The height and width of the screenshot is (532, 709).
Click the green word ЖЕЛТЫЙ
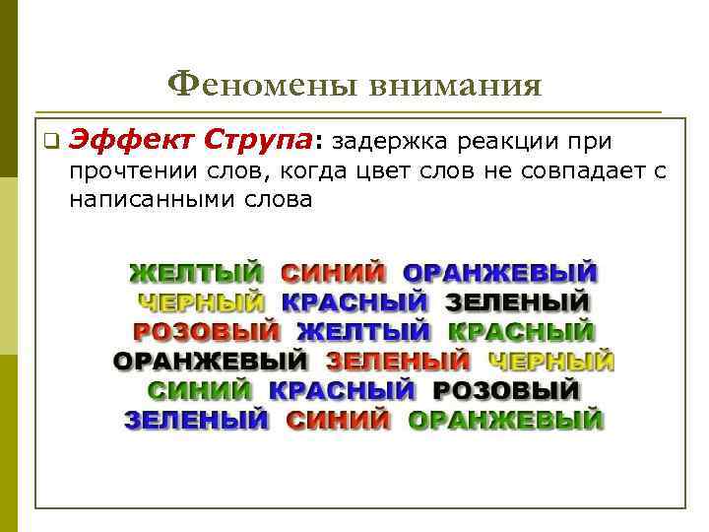pyautogui.click(x=198, y=273)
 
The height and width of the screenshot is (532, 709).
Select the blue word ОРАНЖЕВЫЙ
pyautogui.click(x=501, y=273)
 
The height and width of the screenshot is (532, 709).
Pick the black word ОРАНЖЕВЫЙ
pyautogui.click(x=210, y=362)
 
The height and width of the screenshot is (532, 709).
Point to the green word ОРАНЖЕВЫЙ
pyautogui.click(x=505, y=421)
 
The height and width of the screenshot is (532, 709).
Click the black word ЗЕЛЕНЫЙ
pyautogui.click(x=517, y=302)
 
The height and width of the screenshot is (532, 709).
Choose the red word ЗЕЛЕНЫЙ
pyautogui.click(x=399, y=362)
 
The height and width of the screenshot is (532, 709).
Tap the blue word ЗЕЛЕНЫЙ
pyautogui.click(x=197, y=421)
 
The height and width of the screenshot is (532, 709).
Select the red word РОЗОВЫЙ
pyautogui.click(x=207, y=332)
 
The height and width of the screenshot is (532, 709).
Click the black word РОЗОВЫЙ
pyautogui.click(x=506, y=391)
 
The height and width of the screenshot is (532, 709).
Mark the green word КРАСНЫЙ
pyautogui.click(x=521, y=332)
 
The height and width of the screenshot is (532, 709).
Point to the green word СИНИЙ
pyautogui.click(x=201, y=391)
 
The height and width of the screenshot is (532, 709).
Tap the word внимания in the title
pyautogui.click(x=456, y=87)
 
